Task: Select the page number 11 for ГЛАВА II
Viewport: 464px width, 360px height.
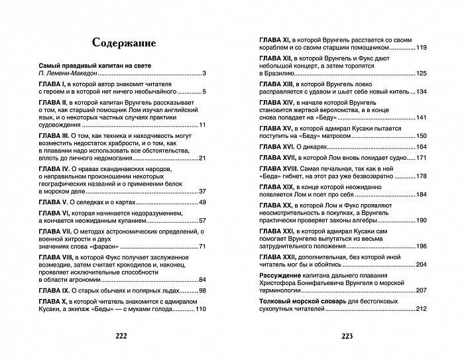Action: pos(203,125)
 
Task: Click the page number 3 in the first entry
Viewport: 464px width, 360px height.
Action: pos(205,73)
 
